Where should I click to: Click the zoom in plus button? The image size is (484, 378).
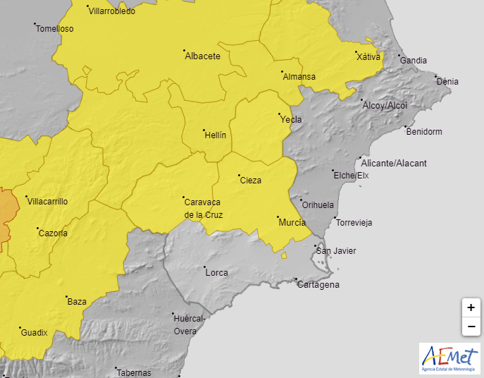471,307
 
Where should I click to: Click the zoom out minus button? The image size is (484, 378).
471,327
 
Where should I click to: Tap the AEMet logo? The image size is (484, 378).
449,358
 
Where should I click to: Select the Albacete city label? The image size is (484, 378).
202,56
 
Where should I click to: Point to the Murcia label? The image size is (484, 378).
292,223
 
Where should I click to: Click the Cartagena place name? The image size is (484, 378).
318,285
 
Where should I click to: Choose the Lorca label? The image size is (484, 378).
216,272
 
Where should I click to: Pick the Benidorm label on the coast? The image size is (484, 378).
424,132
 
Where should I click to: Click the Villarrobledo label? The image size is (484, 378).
112,11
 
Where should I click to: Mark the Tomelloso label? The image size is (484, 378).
54,30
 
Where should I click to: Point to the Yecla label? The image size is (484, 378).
292,120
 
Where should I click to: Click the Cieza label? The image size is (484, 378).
251,181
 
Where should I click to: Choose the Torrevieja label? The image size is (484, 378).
354,223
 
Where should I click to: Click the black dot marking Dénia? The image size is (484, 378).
435,75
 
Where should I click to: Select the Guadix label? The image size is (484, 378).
34,333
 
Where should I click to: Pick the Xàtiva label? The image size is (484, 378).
368,57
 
